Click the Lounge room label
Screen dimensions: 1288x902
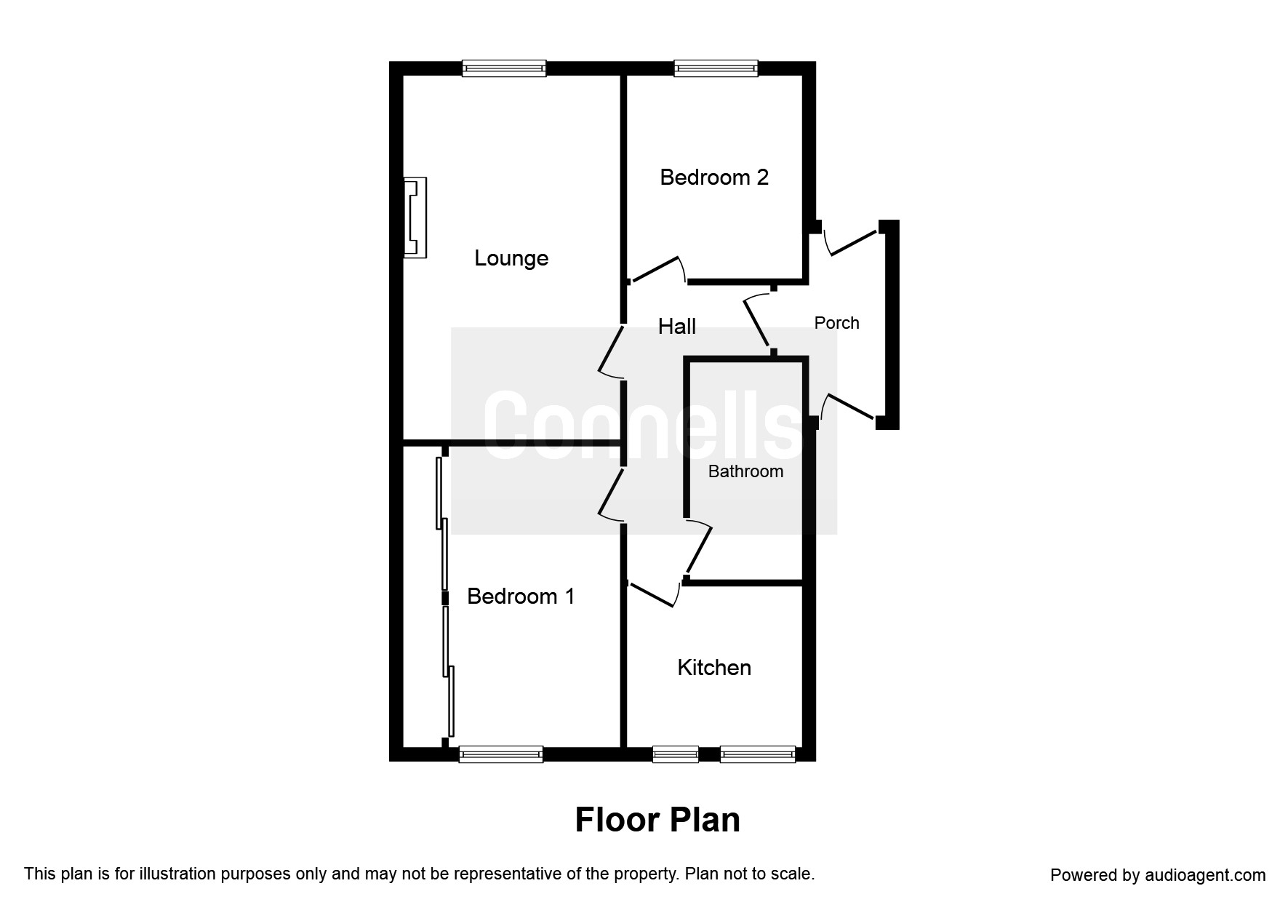click(x=511, y=258)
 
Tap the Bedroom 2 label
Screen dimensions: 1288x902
click(x=714, y=177)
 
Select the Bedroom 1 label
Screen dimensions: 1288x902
click(x=521, y=596)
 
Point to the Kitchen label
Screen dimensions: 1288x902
click(x=714, y=668)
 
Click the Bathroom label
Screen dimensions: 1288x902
click(x=745, y=471)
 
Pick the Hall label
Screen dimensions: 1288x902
click(x=677, y=327)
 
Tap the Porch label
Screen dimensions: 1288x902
click(x=836, y=323)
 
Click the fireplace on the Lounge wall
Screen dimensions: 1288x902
click(x=415, y=217)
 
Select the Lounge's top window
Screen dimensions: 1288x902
click(x=504, y=68)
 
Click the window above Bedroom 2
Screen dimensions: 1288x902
click(x=716, y=68)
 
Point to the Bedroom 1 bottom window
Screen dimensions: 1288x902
click(x=501, y=754)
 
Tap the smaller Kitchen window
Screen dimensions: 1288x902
click(x=676, y=754)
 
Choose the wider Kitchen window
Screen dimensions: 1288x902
click(x=758, y=754)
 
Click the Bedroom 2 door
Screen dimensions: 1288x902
click(x=657, y=269)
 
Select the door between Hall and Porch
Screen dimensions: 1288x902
click(x=758, y=320)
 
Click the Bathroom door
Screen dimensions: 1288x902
click(x=698, y=547)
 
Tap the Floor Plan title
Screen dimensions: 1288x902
click(x=657, y=820)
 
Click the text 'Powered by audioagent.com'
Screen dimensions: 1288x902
click(x=1158, y=875)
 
